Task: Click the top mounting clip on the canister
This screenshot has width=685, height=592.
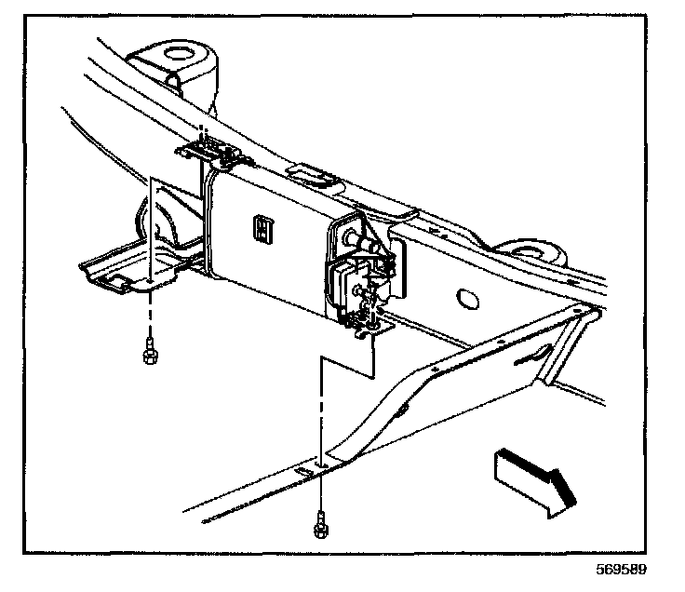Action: tap(212, 149)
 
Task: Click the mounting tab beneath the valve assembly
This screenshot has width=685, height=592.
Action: tap(370, 323)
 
